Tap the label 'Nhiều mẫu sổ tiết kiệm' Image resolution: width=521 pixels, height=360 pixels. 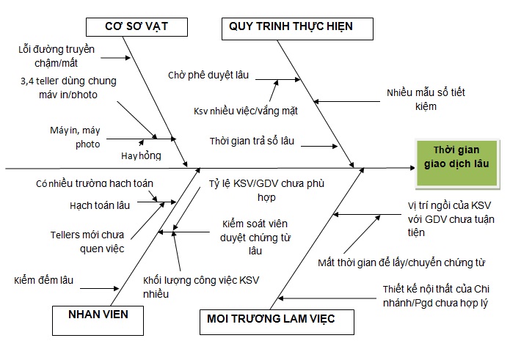[x=426, y=100]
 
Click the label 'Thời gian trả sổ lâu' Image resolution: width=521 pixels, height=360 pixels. [x=252, y=140]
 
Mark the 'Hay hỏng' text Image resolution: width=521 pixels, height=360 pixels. [x=141, y=155]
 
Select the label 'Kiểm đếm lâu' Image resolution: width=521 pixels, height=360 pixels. [x=43, y=280]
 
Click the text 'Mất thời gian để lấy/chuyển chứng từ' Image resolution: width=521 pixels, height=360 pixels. [x=401, y=262]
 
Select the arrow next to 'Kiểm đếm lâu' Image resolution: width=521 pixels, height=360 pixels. [x=103, y=282]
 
